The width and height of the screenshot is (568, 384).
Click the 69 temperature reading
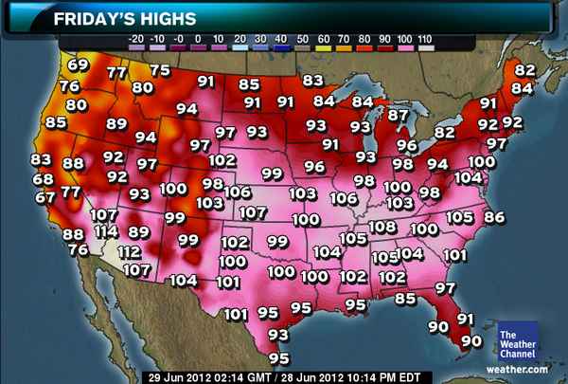[79, 65]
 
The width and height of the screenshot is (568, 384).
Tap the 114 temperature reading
[105, 232]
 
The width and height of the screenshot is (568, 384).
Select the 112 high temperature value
[130, 251]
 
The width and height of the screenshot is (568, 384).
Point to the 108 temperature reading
[382, 227]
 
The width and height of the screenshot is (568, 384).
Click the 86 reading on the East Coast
[494, 217]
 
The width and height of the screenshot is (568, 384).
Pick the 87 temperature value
[399, 115]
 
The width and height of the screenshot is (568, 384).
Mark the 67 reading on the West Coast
[45, 197]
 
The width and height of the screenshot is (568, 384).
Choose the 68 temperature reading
[43, 178]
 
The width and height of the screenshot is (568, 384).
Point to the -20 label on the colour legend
[136, 38]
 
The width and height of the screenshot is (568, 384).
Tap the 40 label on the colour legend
[281, 38]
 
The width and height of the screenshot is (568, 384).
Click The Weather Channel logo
[517, 342]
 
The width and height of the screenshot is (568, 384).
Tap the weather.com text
[517, 368]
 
